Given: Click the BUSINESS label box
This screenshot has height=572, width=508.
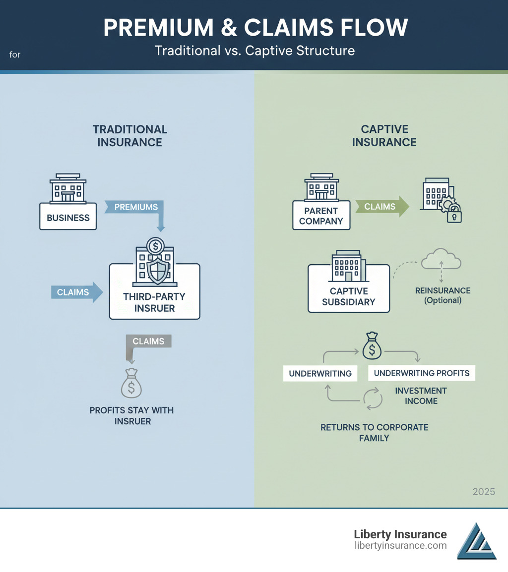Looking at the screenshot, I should click(68, 217).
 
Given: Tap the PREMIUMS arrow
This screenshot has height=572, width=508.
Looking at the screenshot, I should click(135, 207).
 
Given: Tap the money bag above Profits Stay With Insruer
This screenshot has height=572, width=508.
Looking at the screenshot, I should click(131, 384).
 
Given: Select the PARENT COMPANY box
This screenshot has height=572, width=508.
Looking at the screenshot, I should click(321, 215).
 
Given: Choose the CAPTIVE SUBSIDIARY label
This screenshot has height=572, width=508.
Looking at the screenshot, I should click(348, 296).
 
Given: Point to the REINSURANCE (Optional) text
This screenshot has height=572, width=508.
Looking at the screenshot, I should click(443, 295).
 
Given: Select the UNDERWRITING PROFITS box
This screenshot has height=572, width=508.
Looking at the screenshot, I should click(421, 373).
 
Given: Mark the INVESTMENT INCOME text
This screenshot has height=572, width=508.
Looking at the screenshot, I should click(421, 396).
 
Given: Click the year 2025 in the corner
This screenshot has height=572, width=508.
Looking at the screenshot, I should click(483, 492).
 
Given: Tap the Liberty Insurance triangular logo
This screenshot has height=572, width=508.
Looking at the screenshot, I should click(476, 541).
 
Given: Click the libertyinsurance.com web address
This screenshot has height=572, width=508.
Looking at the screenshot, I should click(400, 546).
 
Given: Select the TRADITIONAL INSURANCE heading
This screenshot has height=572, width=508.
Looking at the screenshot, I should click(129, 136).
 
